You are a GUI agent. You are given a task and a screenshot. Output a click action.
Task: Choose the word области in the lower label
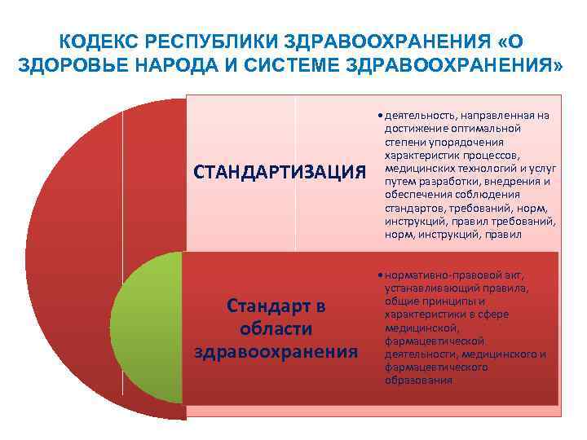(276, 328)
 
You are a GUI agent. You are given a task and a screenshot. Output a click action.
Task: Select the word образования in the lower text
(417, 380)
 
